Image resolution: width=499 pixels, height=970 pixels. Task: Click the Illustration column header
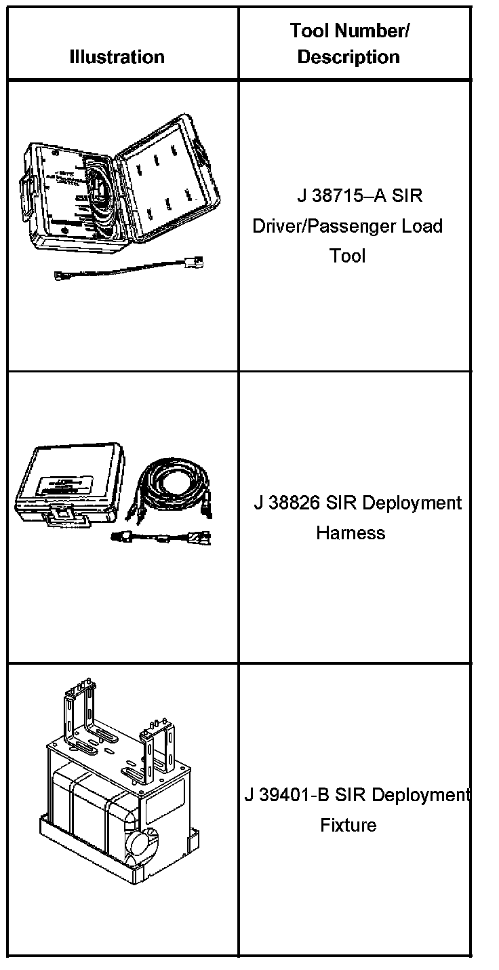(117, 57)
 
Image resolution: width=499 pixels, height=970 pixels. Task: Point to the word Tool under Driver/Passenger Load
(348, 256)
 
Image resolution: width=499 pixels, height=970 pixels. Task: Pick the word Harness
(351, 533)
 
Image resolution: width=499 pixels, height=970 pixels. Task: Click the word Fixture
(348, 826)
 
